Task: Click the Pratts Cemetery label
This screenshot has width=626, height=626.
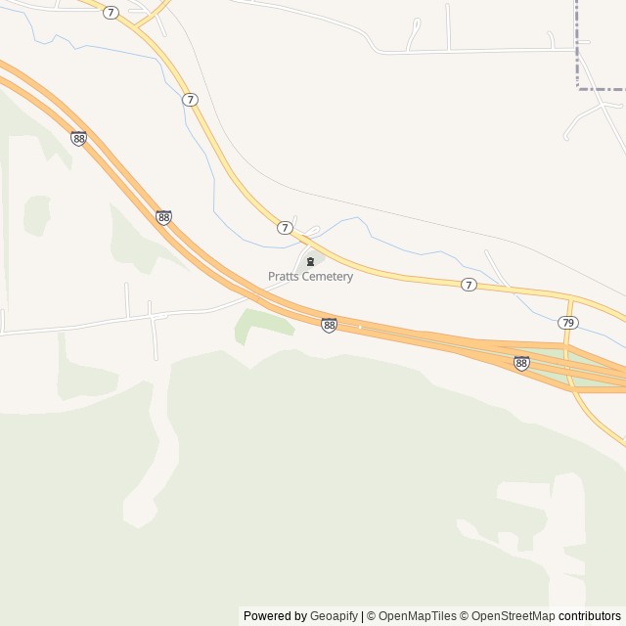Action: (310, 277)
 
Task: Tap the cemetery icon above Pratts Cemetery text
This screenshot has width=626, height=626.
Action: (311, 261)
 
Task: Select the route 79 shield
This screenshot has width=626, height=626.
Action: (568, 322)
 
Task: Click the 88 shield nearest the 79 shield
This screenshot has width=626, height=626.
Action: (521, 363)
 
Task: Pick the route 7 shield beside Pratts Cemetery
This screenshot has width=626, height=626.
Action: (285, 227)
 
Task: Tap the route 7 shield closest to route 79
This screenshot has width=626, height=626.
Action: (469, 285)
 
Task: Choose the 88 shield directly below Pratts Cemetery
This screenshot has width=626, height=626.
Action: (329, 325)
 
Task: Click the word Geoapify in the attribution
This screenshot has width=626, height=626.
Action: (333, 616)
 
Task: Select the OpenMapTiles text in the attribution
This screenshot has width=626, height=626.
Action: (417, 616)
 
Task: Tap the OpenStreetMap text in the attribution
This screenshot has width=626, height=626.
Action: (513, 616)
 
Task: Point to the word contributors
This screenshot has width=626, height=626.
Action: (590, 616)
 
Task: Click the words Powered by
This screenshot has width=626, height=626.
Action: (275, 616)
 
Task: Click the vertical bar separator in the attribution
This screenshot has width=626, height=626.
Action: (361, 616)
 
